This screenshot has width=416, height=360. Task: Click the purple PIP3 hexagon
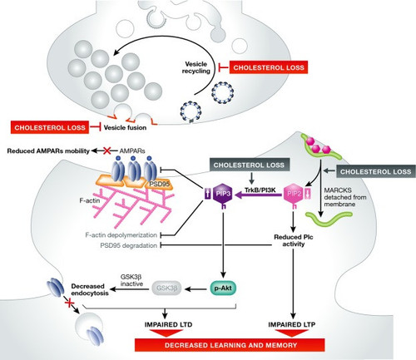(x=223, y=194)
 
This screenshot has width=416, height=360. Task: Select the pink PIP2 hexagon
(x=294, y=194)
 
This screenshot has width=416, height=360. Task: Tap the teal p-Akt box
(x=223, y=288)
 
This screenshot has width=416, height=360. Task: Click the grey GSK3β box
(x=166, y=288)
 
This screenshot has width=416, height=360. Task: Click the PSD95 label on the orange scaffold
(x=159, y=184)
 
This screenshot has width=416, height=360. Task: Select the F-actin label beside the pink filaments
(x=90, y=200)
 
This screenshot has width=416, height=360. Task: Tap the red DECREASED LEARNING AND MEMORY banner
(x=230, y=345)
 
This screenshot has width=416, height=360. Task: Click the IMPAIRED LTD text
(x=168, y=324)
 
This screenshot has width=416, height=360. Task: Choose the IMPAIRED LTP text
(x=292, y=324)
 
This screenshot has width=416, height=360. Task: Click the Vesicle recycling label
(x=196, y=67)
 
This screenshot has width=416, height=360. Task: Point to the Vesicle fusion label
(x=125, y=128)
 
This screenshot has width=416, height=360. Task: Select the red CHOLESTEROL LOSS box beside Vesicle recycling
(x=269, y=67)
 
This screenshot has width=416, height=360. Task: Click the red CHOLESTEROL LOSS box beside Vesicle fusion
(x=50, y=127)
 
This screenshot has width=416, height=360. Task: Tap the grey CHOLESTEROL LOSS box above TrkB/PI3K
(x=249, y=165)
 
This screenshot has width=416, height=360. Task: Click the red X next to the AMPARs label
(x=107, y=150)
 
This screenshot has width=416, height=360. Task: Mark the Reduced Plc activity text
(x=294, y=240)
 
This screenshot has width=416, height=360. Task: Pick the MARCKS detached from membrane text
(x=345, y=197)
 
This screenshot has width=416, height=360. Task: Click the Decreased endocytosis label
(x=90, y=289)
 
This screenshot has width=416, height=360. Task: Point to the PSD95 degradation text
(x=128, y=245)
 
